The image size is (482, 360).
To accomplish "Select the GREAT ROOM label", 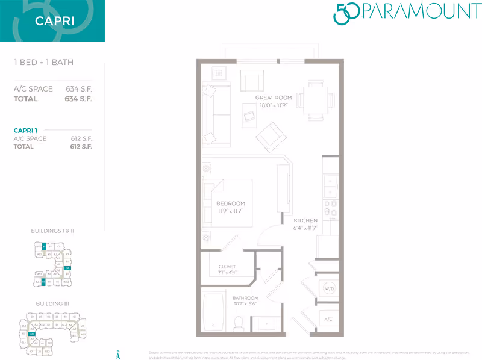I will [x=273, y=98].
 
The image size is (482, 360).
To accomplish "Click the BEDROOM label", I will [x=231, y=203].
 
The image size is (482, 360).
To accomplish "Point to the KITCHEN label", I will [x=305, y=221].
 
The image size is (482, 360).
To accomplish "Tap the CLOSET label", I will [x=227, y=267].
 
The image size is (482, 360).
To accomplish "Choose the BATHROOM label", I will [x=245, y=299].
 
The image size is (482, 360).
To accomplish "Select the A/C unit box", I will [x=329, y=318].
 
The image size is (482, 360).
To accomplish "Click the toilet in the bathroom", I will [x=239, y=323].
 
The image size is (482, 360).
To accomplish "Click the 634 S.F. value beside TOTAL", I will [x=78, y=99].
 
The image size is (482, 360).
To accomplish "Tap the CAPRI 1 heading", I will [x=25, y=130].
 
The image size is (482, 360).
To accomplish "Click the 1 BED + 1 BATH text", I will [x=43, y=62].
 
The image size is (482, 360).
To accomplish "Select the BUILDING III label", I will [x=52, y=304].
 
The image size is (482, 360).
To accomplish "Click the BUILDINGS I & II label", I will [x=52, y=231].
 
